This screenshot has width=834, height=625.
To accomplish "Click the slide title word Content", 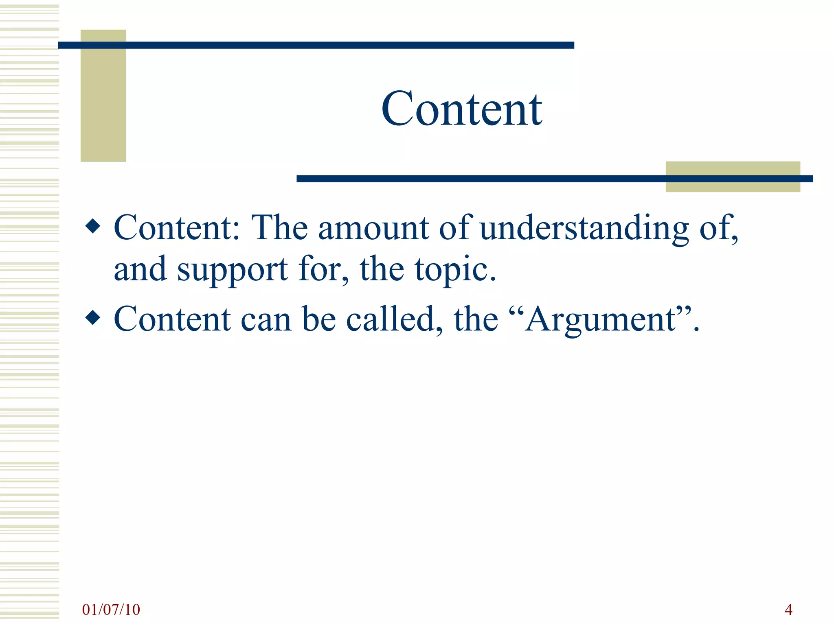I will click(461, 109).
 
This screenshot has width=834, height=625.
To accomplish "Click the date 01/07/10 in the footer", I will click(111, 610).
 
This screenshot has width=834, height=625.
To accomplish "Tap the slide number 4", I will click(788, 610).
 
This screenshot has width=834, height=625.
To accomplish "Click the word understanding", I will click(584, 228).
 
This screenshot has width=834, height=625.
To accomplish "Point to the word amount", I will click(373, 228).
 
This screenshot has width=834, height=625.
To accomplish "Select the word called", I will click(394, 319).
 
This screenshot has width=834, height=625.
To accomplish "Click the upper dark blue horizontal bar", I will click(316, 45).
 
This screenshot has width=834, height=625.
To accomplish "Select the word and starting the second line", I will click(140, 269).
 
